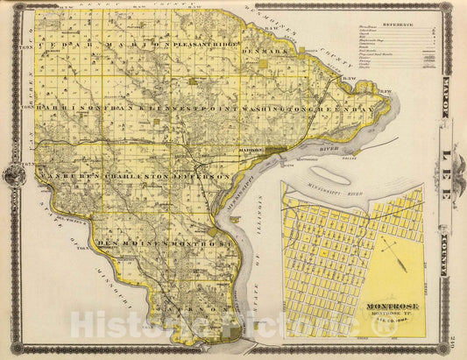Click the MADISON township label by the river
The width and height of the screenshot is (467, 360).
click(x=251, y=150)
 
